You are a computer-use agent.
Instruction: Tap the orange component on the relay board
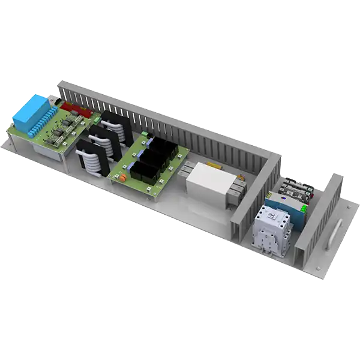(x=121, y=177)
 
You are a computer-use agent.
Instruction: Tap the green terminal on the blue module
(x=304, y=207)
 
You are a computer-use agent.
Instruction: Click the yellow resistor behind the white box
(x=213, y=164)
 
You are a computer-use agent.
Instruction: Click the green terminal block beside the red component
(x=96, y=121)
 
